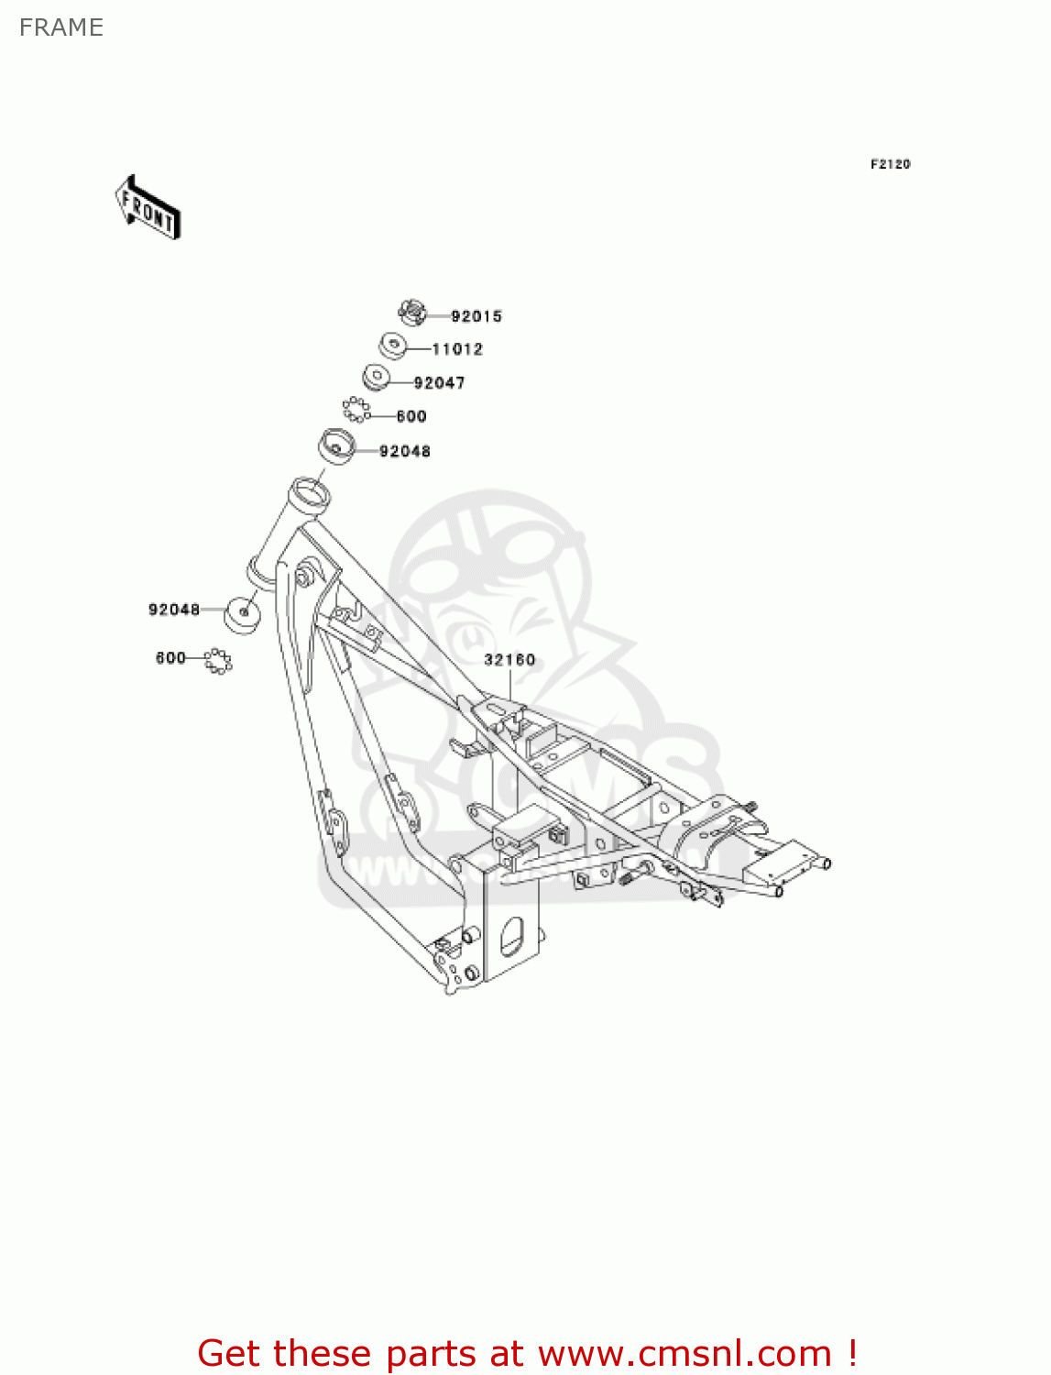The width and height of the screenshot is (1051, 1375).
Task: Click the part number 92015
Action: point(476,316)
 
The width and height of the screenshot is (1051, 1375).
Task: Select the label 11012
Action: point(457,349)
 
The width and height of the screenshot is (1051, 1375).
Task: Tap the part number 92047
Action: point(440,383)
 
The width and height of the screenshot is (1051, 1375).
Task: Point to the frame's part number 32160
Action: point(509,660)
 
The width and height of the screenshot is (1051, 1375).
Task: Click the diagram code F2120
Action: point(890,164)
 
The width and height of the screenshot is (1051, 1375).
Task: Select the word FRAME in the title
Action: point(61,27)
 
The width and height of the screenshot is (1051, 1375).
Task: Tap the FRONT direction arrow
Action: point(148,208)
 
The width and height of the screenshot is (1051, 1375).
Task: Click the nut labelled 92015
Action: point(413,312)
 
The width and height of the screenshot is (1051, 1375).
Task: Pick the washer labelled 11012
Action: point(392,346)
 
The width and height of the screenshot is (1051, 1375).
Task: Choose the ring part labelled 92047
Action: point(376,377)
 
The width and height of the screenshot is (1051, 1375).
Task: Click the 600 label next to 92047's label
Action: point(411,416)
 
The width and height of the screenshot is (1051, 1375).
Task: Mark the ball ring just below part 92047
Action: point(356,409)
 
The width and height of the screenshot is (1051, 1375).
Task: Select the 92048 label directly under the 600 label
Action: point(405,451)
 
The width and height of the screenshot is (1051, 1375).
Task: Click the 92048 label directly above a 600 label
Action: point(174,610)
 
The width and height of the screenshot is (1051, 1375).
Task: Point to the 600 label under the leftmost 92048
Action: point(170,658)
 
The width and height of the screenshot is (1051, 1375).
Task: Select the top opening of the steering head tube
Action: point(310,489)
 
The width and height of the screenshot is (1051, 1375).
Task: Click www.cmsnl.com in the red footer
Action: point(684,1353)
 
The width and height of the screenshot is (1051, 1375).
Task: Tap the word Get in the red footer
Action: point(232,1353)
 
